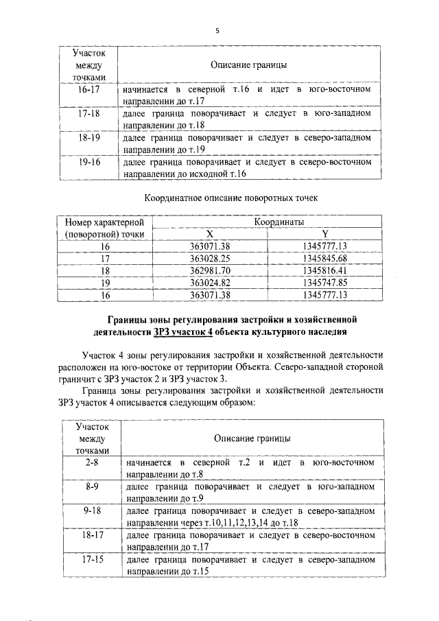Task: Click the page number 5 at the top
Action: click(x=217, y=30)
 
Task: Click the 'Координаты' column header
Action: click(x=270, y=222)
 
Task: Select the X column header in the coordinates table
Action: click(x=209, y=234)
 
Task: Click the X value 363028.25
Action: click(x=209, y=258)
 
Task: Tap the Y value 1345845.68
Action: click(x=325, y=258)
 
